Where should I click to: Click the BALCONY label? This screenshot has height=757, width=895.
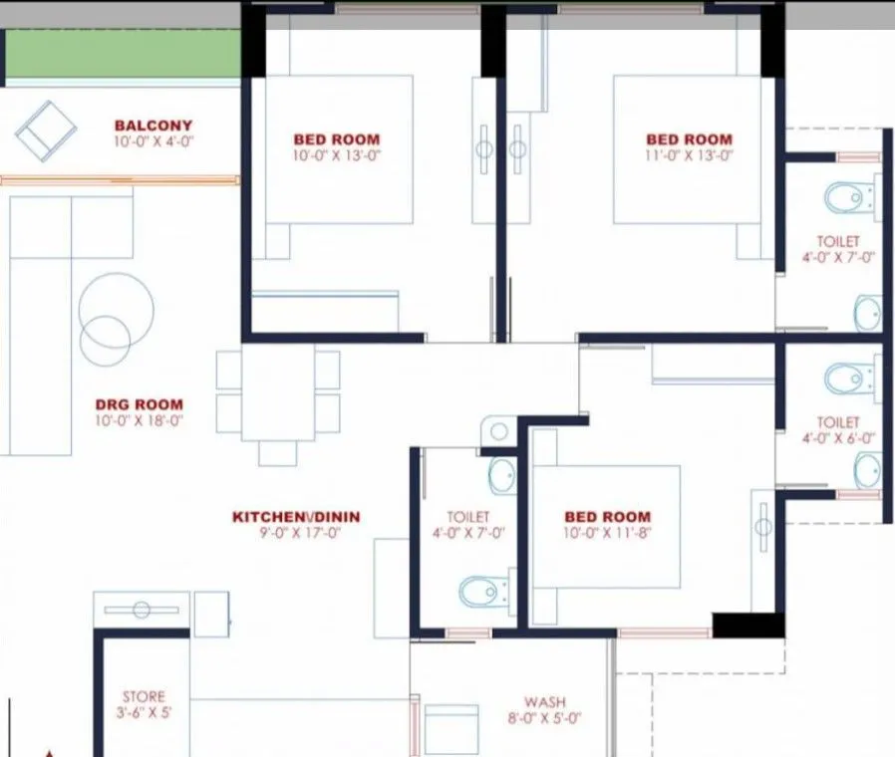[152, 126]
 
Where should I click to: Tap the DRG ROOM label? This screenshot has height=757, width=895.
[139, 404]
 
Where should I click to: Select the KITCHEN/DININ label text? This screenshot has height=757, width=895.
[296, 517]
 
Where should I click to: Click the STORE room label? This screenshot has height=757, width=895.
[144, 696]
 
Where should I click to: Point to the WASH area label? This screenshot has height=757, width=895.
[545, 701]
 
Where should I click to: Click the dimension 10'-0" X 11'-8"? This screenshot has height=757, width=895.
[607, 533]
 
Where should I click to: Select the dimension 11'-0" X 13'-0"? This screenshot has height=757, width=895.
[689, 155]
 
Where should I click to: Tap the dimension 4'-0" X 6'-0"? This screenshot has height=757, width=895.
[837, 438]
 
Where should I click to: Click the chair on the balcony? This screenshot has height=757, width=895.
[46, 129]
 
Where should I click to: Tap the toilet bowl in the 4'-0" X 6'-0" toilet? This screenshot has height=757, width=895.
[843, 378]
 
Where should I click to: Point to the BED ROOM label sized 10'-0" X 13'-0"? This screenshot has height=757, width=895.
[336, 139]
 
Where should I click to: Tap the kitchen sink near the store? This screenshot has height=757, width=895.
[141, 610]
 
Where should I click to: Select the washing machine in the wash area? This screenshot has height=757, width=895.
[453, 728]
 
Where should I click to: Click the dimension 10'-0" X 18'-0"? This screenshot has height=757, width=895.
[140, 420]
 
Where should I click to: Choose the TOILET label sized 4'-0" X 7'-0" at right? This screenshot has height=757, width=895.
[837, 241]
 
